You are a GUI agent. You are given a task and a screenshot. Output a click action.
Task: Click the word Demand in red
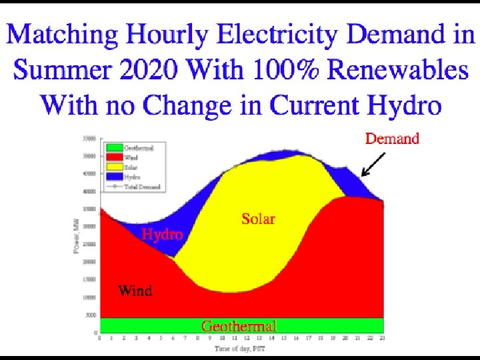coord(392,139)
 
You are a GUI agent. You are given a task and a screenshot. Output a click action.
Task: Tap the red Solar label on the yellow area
coord(258,219)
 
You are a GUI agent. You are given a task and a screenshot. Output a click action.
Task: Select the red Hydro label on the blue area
coord(162,235)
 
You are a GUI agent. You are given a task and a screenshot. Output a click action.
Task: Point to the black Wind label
coord(135,291)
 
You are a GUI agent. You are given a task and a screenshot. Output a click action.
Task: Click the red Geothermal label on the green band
coord(239,326)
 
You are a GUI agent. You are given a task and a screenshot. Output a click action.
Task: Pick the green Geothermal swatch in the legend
coord(113,148)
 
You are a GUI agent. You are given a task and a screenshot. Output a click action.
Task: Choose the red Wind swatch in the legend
coord(113,157)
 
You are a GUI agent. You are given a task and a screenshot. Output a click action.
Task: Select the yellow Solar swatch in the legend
coord(113,167)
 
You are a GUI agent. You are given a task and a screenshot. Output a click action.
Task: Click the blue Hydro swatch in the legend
coord(113,177)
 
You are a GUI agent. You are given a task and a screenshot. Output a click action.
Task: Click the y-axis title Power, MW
coord(76,235)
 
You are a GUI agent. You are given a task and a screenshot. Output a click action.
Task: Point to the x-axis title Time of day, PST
coord(241,349)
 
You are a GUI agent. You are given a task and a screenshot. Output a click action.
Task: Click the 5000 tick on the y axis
coord(91,315)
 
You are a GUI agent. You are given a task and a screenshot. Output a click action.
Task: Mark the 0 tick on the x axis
coord(100,339)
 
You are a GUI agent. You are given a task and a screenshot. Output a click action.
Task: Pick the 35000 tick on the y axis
coord(89,209)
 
